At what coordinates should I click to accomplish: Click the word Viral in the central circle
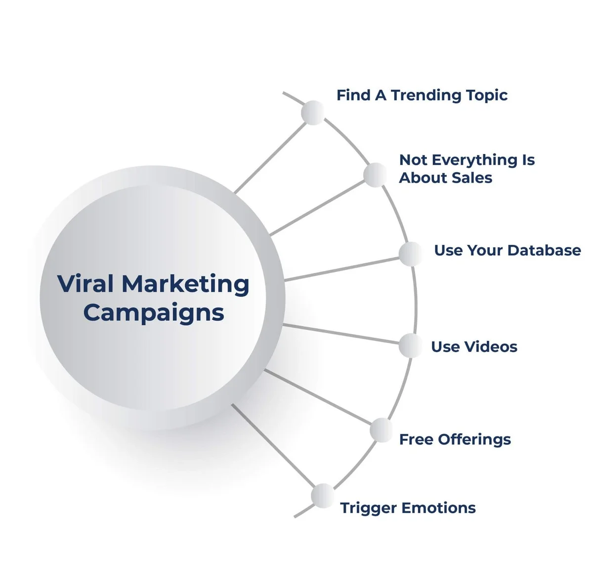click(x=86, y=284)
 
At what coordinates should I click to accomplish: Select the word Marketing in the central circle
click(x=185, y=285)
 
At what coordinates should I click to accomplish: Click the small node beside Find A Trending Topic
click(x=313, y=113)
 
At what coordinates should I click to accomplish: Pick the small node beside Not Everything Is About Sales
click(x=376, y=175)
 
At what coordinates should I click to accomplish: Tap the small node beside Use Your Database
click(x=411, y=254)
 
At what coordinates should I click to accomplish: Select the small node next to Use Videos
click(x=411, y=346)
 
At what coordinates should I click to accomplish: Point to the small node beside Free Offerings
click(x=382, y=430)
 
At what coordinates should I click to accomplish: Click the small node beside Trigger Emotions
click(x=323, y=496)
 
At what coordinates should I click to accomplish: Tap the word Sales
click(x=472, y=178)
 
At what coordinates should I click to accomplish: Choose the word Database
click(x=544, y=251)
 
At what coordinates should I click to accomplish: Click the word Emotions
click(x=438, y=508)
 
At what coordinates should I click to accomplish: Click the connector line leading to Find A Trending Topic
click(x=270, y=157)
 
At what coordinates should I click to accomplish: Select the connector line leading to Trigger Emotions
click(x=273, y=446)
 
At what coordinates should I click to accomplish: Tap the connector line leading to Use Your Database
click(x=341, y=269)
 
